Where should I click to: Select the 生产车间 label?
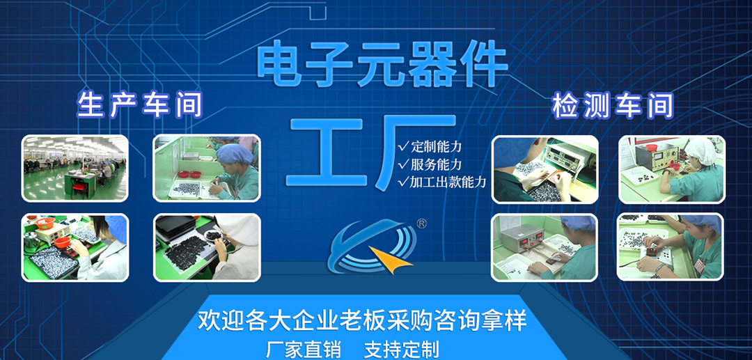point(139,105)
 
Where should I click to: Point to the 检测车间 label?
point(613,106)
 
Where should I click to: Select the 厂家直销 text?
point(303,349)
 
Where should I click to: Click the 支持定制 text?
point(402,349)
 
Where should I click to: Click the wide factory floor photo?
point(75,168)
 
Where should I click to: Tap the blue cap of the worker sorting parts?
point(235,153)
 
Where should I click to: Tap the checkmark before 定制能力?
point(404,146)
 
